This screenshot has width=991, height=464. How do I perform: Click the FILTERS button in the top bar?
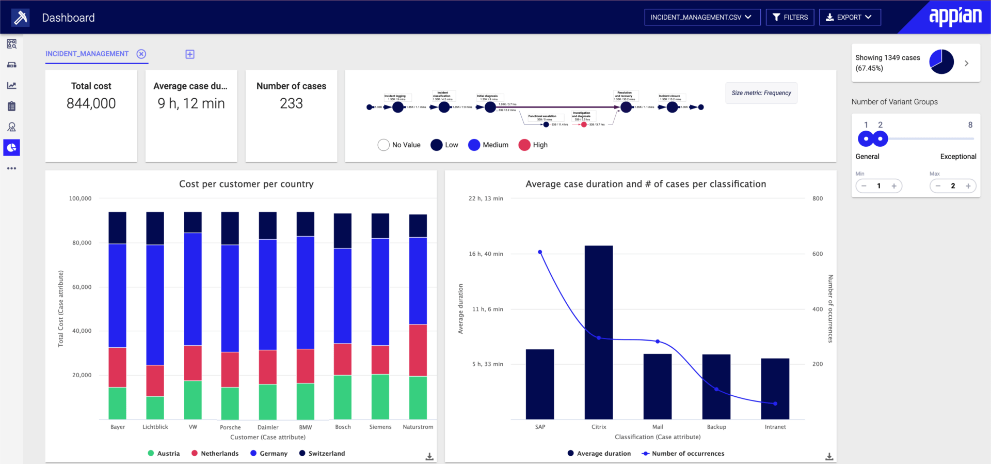click(790, 17)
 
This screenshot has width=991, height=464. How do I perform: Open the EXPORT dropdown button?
click(850, 17)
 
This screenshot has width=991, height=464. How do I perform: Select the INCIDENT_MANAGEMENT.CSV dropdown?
click(702, 17)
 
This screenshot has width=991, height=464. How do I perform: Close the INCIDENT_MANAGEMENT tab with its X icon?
click(141, 54)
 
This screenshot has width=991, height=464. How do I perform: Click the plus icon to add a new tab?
click(190, 54)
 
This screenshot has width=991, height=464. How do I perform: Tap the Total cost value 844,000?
click(91, 103)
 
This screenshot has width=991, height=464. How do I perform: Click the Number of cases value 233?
click(291, 103)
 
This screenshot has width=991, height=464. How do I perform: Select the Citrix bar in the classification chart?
click(599, 331)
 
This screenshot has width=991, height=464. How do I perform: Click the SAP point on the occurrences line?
click(540, 252)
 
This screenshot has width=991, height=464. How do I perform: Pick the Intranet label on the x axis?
click(775, 427)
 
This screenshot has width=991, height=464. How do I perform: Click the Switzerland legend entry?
click(322, 453)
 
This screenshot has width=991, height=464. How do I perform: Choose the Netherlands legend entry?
click(215, 453)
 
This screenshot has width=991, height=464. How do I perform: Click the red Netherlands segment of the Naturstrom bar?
click(418, 350)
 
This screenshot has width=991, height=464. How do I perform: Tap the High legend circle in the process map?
click(524, 145)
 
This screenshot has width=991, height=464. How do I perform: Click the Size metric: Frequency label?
click(761, 93)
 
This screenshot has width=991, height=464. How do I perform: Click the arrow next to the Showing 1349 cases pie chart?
click(967, 63)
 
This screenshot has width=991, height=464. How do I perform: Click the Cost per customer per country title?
click(246, 184)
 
